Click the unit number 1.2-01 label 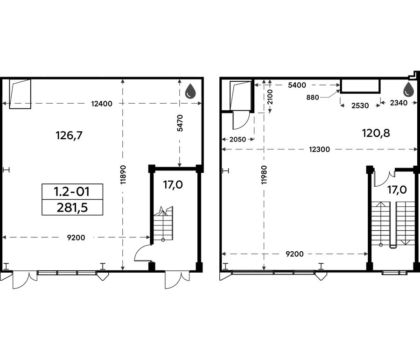pos(72,191)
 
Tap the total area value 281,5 pos(72,207)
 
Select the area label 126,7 pos(69,135)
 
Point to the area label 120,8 pos(376,133)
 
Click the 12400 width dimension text pos(102,104)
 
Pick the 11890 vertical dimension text pos(123,175)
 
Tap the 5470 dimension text pos(180,123)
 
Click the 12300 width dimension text pos(320,149)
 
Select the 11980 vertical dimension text pos(264,175)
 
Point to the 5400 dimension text pos(297,85)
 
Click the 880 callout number pos(313,97)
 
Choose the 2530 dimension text pos(360,106)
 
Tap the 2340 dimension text pos(399,103)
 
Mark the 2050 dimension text pos(238,140)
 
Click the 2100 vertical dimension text pos(270,97)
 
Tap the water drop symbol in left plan pos(191,90)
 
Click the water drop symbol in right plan pos(409,89)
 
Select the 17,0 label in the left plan pos(173,185)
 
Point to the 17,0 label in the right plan pos(397,190)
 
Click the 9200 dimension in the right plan pos(294,254)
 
